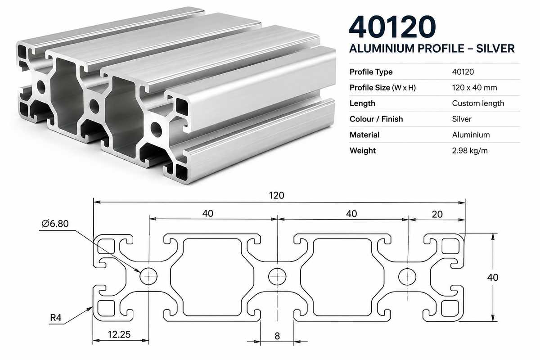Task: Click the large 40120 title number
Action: (x=392, y=27)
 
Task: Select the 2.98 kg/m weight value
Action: (x=470, y=151)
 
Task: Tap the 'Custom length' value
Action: (x=478, y=103)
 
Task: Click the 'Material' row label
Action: (x=364, y=135)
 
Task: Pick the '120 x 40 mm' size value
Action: (x=474, y=88)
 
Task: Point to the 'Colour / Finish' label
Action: (x=376, y=119)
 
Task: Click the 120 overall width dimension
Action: (x=276, y=195)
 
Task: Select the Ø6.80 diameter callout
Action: (x=55, y=224)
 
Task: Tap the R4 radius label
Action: (x=56, y=318)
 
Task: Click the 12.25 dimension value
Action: (x=119, y=334)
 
